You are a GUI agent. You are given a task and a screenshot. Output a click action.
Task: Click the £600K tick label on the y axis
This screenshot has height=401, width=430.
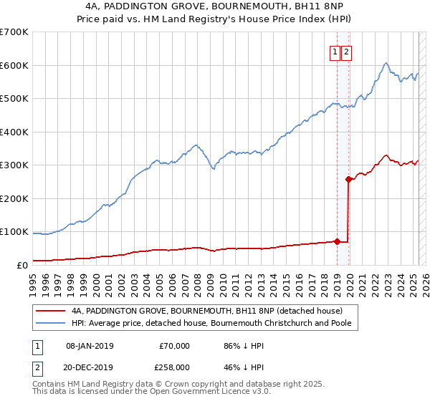coord(14,65)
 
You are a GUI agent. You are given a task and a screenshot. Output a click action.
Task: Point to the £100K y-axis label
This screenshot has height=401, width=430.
coord(14,232)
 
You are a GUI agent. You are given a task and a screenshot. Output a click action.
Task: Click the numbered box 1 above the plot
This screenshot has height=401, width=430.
coord(335,51)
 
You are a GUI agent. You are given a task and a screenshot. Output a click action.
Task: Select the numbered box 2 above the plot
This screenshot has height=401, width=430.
coord(346,51)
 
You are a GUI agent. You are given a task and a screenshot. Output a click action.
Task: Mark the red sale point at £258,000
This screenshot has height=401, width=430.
coord(349,179)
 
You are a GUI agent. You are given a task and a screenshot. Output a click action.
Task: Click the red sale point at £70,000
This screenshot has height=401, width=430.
coord(337,241)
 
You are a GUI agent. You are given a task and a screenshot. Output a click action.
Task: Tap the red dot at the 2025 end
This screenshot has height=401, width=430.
coord(419,163)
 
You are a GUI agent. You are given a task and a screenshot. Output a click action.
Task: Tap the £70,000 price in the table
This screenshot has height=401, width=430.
coord(174,346)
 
